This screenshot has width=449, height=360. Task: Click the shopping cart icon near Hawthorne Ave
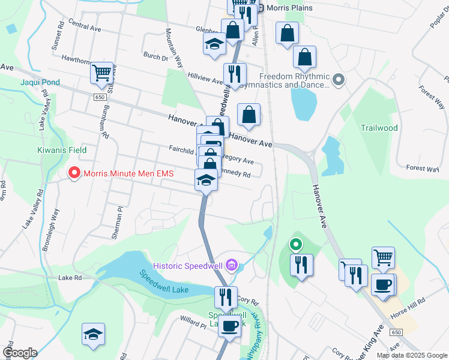tap(102, 73)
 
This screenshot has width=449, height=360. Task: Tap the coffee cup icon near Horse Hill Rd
tap(383, 284)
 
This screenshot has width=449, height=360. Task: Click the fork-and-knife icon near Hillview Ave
tap(235, 74)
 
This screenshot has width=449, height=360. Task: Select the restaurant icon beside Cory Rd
tap(226, 296)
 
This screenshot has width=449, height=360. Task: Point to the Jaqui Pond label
tap(40, 83)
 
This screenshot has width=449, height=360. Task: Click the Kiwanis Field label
tap(62, 150)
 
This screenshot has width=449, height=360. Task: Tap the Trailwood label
tap(379, 128)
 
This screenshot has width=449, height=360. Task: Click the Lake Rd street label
tap(70, 278)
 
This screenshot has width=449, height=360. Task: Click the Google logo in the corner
tap(20, 353)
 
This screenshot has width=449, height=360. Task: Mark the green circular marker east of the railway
tap(295, 244)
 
